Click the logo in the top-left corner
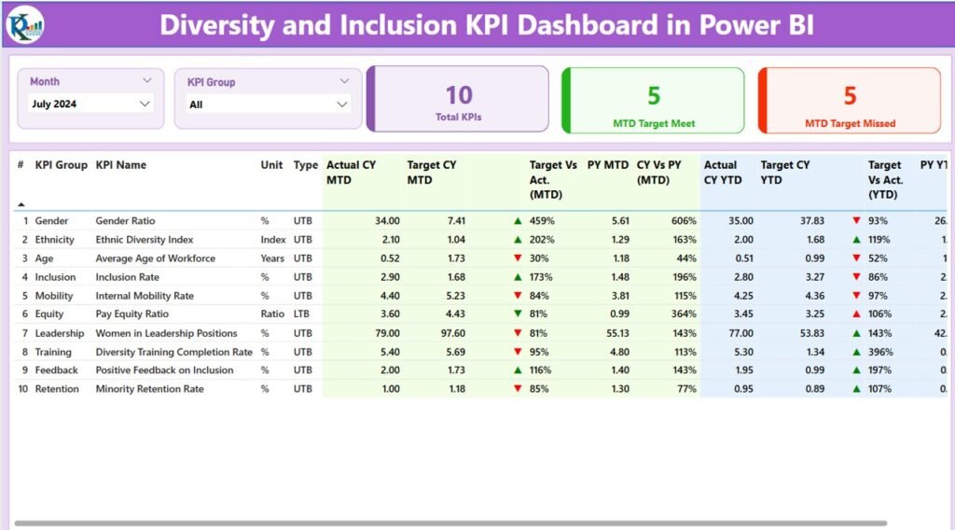23,23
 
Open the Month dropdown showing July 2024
90,105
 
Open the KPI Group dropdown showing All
268,105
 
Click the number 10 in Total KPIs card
458,95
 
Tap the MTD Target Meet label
654,123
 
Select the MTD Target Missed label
850,123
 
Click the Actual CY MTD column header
351,173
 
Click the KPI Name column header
120,165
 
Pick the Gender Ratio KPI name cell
125,221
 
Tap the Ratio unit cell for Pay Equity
272,314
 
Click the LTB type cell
303,314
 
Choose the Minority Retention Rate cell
149,389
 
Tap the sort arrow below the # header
21,203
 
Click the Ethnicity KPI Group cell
57,240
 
